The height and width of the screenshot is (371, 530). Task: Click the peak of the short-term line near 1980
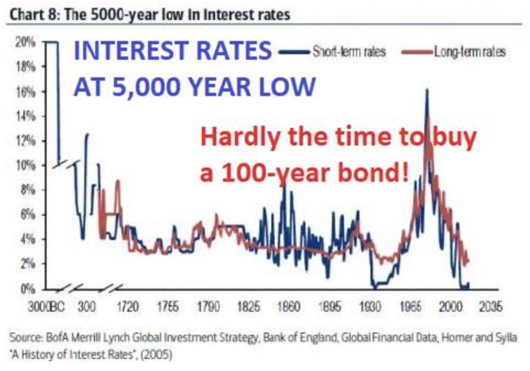pos(426,91)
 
